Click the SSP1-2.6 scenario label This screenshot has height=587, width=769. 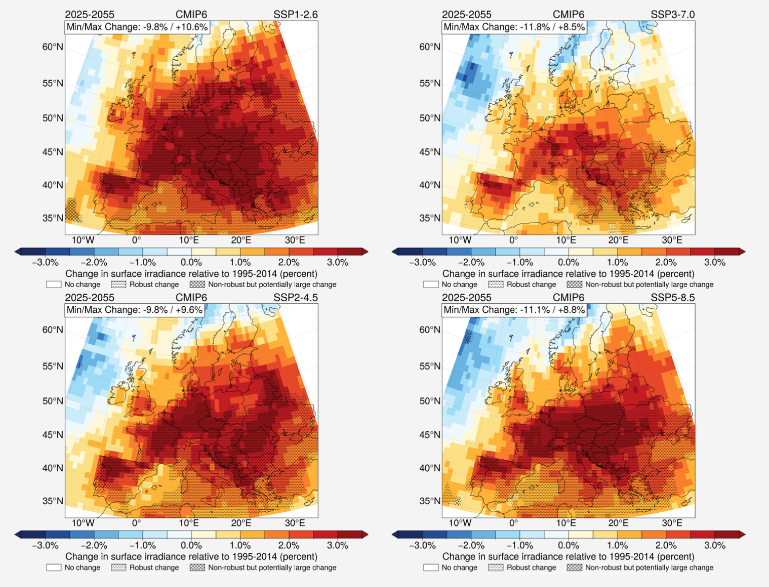(295, 15)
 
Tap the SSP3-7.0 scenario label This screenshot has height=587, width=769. (672, 15)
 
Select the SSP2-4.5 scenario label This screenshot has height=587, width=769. (295, 297)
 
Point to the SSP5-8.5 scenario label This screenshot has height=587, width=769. (672, 297)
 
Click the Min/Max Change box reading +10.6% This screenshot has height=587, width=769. (137, 27)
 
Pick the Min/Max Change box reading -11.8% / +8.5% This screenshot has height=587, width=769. (514, 27)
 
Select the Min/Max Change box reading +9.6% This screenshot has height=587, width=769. (134, 310)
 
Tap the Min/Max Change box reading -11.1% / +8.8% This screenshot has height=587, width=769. (514, 310)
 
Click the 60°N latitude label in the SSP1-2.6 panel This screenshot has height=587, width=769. (52, 47)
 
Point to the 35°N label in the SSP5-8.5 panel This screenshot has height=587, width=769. (429, 501)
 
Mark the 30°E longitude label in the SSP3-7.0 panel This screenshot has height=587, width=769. (672, 240)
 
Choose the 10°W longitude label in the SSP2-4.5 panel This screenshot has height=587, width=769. (83, 523)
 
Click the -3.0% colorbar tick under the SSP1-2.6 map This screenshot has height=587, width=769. (45, 262)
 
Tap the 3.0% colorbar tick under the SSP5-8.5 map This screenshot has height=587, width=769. (714, 545)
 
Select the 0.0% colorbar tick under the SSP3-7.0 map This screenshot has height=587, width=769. (568, 262)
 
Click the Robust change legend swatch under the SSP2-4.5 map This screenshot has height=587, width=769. (118, 567)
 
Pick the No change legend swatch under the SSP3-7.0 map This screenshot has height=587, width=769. (431, 284)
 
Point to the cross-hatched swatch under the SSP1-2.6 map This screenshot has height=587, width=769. (197, 284)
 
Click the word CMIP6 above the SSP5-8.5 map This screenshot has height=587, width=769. (568, 297)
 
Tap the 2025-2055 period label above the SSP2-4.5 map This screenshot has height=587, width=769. (89, 297)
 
